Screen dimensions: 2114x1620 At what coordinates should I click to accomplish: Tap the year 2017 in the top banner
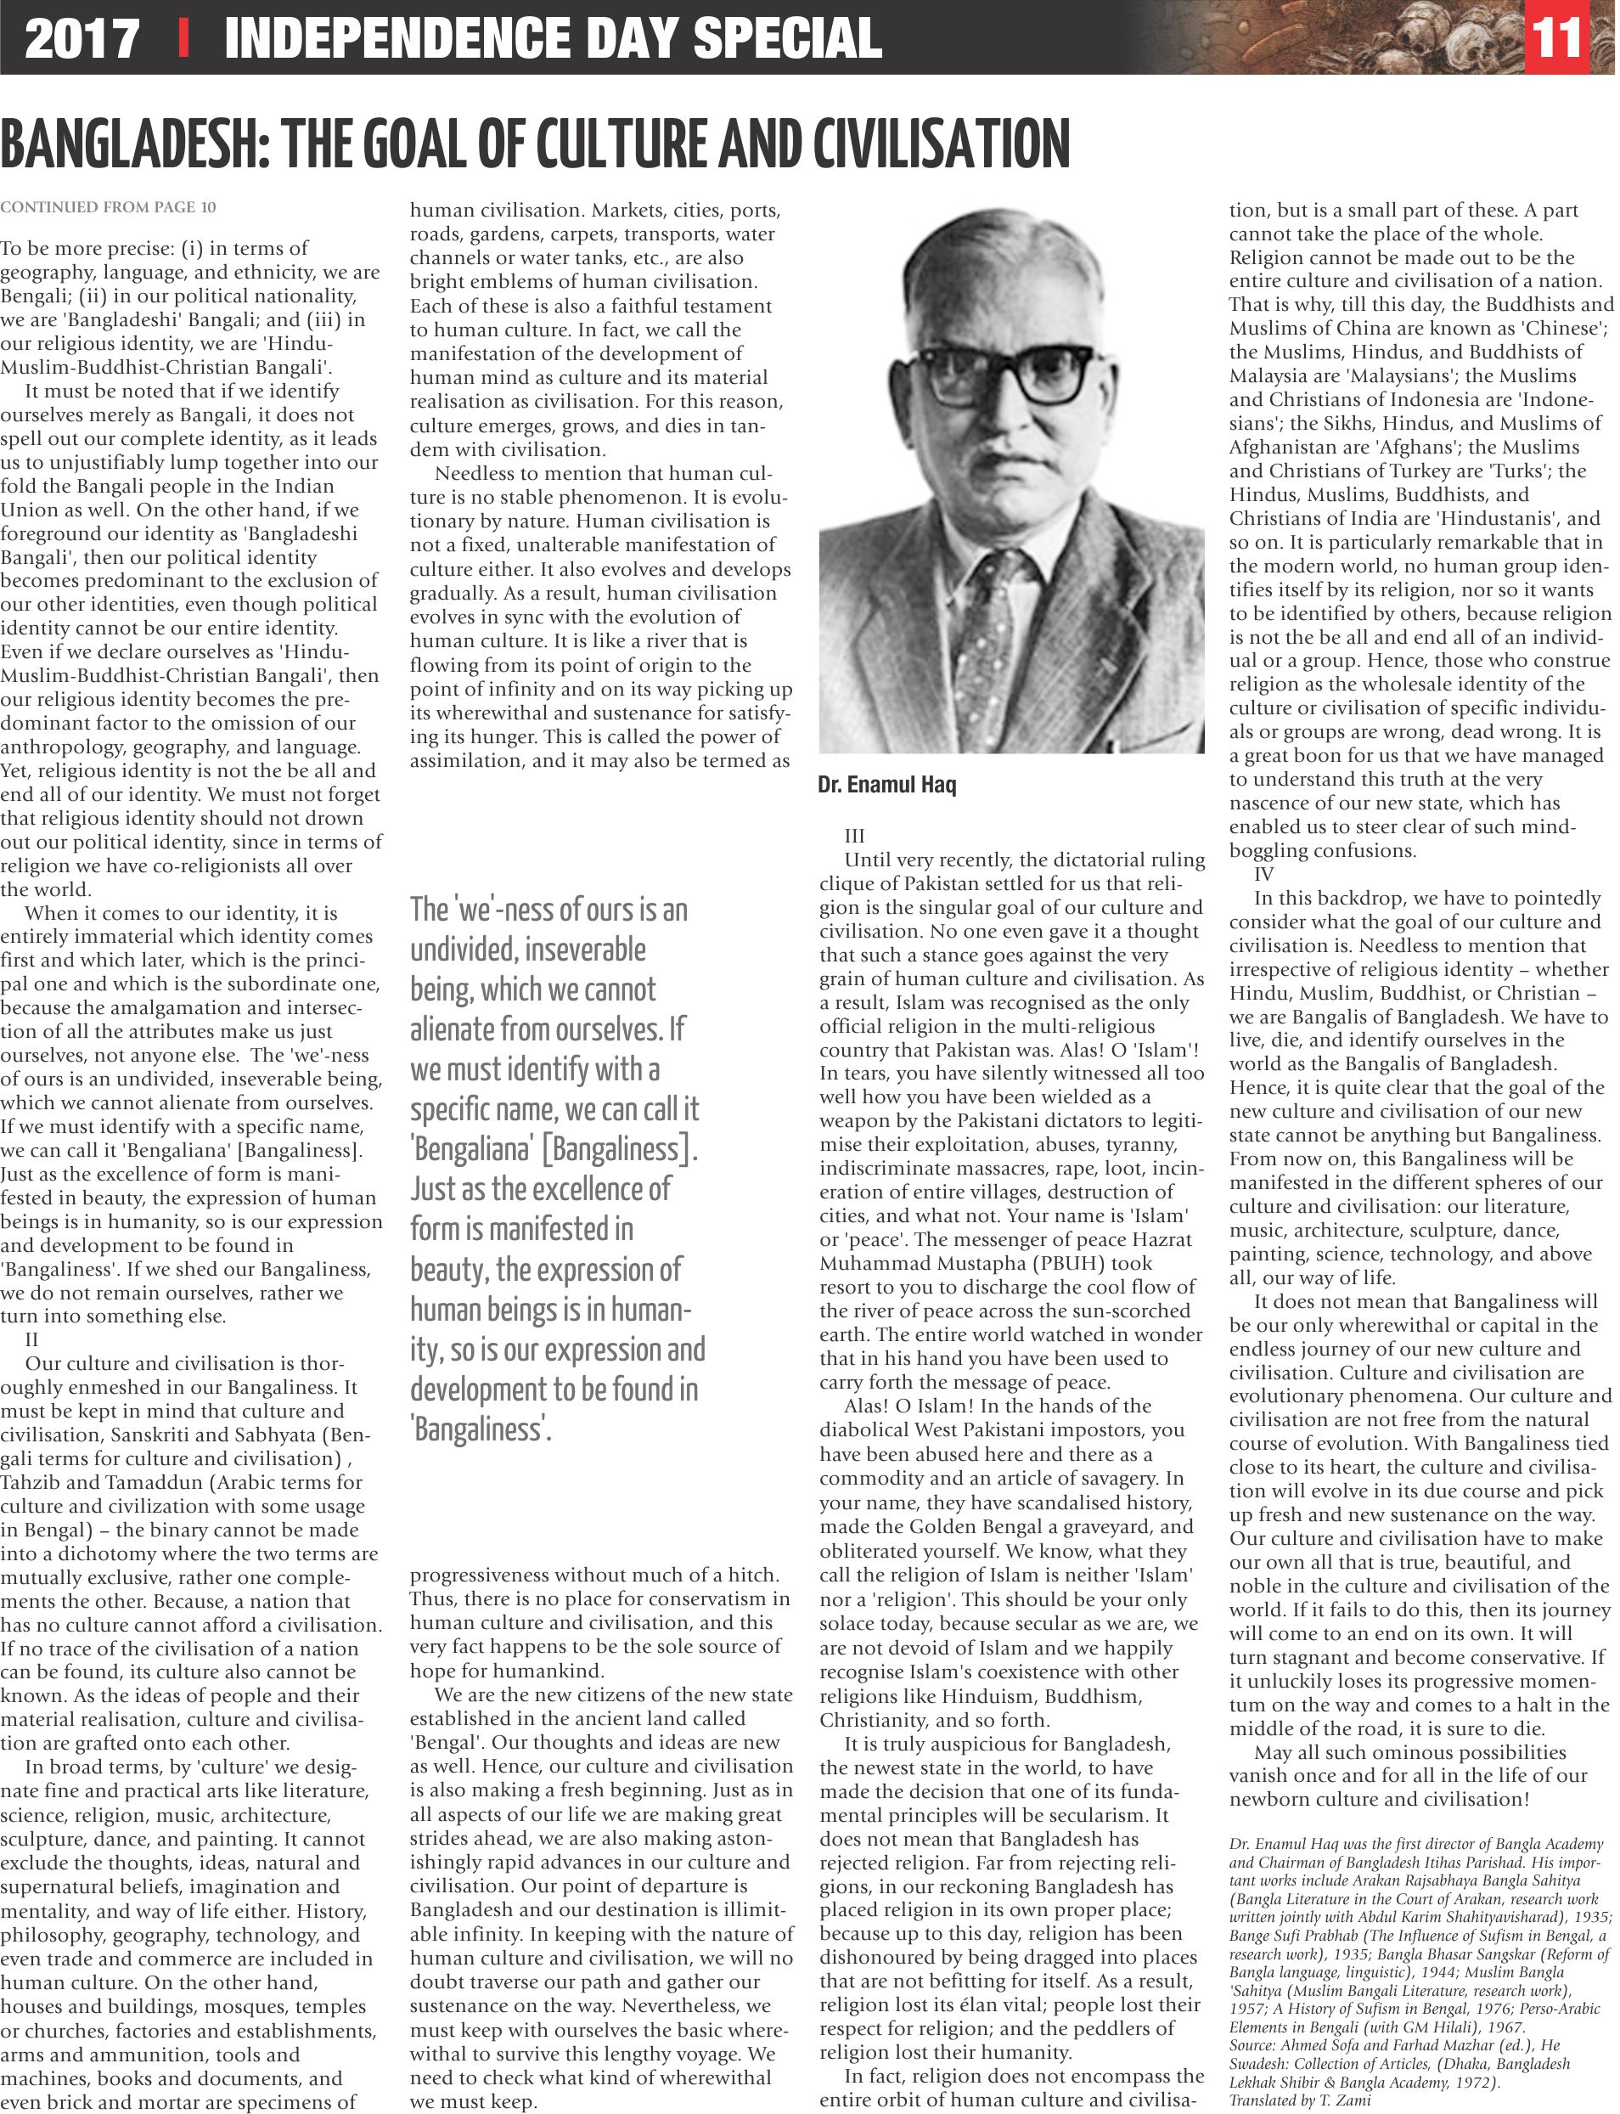click(82, 38)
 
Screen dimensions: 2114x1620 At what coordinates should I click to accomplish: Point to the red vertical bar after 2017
click(183, 38)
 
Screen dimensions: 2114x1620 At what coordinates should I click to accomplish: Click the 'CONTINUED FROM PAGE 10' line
click(108, 207)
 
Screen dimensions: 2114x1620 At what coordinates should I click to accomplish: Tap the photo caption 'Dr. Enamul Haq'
click(886, 785)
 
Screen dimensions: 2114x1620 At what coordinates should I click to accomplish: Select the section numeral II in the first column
click(31, 1339)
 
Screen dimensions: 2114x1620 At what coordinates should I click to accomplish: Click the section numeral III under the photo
click(854, 836)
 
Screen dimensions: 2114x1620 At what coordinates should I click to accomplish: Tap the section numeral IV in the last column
click(1263, 874)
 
